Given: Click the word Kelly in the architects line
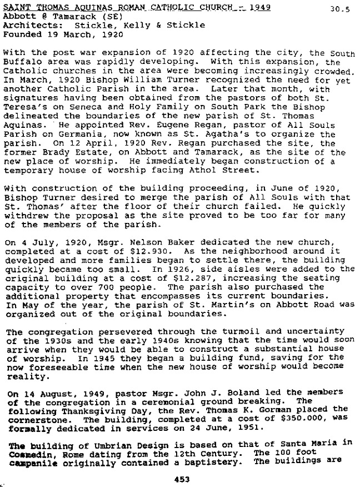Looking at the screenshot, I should [129, 25].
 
